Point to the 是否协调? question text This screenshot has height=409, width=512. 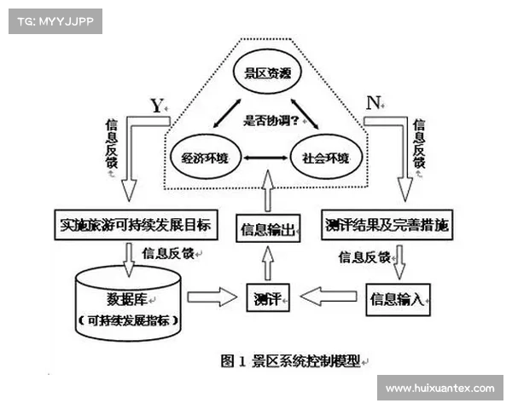(x=265, y=120)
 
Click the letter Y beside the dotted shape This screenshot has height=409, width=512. (x=155, y=106)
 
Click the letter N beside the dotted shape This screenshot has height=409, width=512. (x=372, y=103)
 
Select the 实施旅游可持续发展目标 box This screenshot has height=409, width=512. (x=136, y=227)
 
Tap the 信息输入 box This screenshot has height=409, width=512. (x=396, y=298)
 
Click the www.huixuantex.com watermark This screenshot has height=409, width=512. (x=439, y=388)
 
